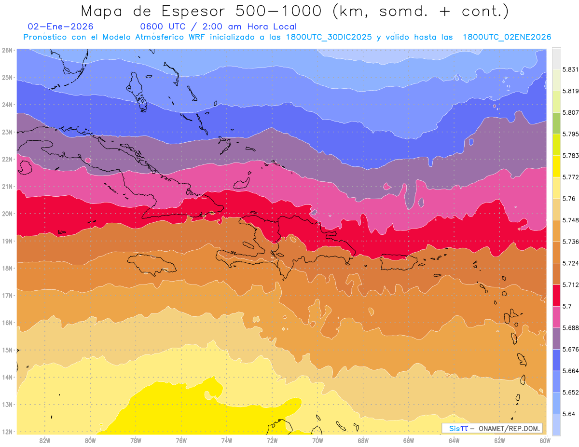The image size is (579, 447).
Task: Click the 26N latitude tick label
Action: click(7, 50)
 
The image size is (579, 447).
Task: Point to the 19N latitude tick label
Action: click(7, 241)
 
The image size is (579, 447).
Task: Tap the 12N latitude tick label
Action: click(7, 432)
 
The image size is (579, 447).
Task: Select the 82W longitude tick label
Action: click(45, 440)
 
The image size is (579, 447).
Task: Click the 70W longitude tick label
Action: click(317, 440)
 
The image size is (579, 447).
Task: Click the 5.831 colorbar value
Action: click(571, 69)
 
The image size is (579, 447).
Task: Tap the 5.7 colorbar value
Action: click(566, 306)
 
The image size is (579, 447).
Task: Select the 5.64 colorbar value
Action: click(569, 414)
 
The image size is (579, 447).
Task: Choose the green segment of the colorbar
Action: click(556, 123)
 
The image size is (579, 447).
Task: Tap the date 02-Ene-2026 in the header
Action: click(61, 27)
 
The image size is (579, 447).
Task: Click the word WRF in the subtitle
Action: click(193, 37)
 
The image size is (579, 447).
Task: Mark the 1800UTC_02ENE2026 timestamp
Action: click(507, 37)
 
